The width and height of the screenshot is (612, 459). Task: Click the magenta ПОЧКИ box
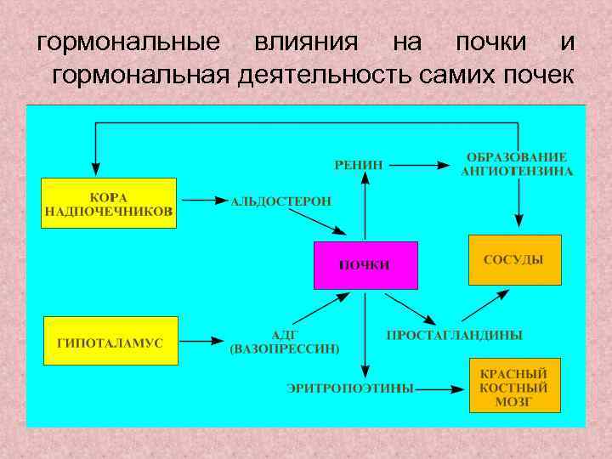coord(365,265)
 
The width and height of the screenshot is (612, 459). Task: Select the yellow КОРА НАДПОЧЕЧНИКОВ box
coord(109,203)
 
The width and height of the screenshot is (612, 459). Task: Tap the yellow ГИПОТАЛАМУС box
coord(110,341)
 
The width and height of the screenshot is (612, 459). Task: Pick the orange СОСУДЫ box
coord(514,259)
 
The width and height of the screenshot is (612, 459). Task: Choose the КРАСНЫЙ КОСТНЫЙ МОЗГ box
coord(514,386)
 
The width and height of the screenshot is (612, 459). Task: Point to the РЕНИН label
coord(359,164)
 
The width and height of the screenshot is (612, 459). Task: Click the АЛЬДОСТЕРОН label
coord(281,202)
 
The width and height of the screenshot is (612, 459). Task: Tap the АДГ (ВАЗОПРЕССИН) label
coord(284,342)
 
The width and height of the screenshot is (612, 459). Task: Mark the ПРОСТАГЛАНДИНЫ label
coord(455,335)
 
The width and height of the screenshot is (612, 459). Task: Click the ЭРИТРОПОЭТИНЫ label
coord(350,388)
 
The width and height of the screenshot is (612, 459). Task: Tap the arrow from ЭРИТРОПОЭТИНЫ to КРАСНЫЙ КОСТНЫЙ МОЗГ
coord(440,389)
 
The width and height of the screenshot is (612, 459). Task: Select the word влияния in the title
coord(297,41)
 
